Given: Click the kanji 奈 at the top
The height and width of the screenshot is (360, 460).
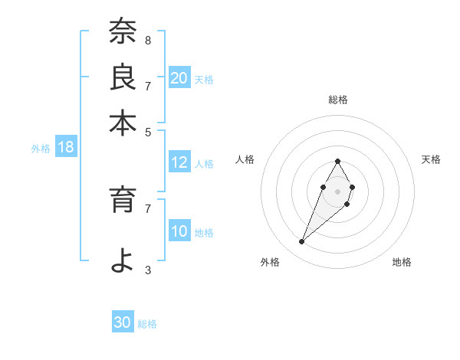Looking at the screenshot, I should point(123,33).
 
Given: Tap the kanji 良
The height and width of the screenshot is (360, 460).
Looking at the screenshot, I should point(123,77).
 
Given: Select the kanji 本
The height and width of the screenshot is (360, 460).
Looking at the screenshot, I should point(123,123).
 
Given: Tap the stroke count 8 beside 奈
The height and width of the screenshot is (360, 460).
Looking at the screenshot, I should point(147,40).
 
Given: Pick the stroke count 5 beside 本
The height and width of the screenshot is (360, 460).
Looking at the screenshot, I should point(147,131).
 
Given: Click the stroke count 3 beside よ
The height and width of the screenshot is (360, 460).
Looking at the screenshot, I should point(147,270).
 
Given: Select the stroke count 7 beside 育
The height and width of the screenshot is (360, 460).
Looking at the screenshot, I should point(147,208).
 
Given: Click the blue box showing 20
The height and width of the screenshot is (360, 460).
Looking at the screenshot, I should point(179,78).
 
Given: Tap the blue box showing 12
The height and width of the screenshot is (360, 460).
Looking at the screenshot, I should point(179,162).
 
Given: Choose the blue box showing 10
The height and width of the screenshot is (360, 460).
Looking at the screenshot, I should point(179,231).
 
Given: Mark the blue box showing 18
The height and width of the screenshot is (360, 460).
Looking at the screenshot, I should point(66,147).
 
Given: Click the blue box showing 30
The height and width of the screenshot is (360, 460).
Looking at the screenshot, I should point(123,322).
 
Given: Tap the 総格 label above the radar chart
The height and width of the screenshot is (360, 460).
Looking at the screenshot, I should point(338,100).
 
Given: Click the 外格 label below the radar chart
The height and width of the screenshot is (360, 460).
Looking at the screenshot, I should point(269,262).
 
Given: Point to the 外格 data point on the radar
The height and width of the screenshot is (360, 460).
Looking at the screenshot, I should point(302,242).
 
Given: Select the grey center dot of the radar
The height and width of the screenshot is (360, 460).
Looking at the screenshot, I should point(337,190).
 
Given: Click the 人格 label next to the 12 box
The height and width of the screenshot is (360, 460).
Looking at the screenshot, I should point(204,163).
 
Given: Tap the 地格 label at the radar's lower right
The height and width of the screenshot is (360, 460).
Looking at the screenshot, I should point(402,262).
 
